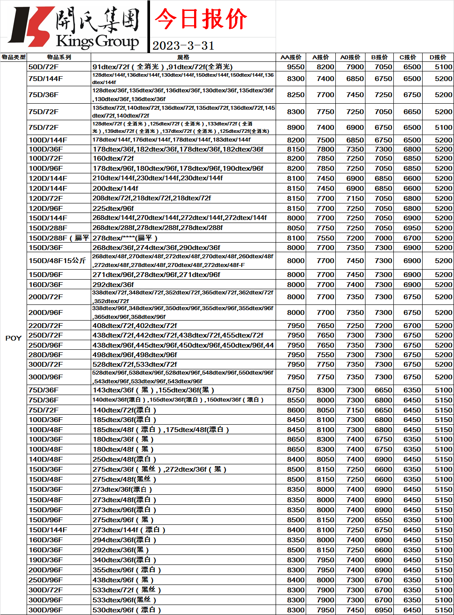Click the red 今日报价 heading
pos(201,19)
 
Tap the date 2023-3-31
pos(183,46)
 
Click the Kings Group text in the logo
pos(97,42)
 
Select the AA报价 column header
pos(291,57)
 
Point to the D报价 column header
pos(438,57)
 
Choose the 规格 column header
pos(183,57)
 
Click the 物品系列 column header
pos(59,57)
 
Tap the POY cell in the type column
pos(13,338)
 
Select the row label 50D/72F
pos(44,67)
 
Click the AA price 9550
pos(296,67)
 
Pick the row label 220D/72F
pos(46,325)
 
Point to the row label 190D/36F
pos(46,560)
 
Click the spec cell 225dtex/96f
pos(113,208)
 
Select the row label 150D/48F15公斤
pos(57,260)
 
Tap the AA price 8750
pos(296,390)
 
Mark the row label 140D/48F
pos(46,459)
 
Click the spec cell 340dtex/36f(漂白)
pos(124,560)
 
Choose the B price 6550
pos(383,520)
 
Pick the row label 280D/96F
pos(46,355)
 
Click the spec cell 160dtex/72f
pos(113,158)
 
